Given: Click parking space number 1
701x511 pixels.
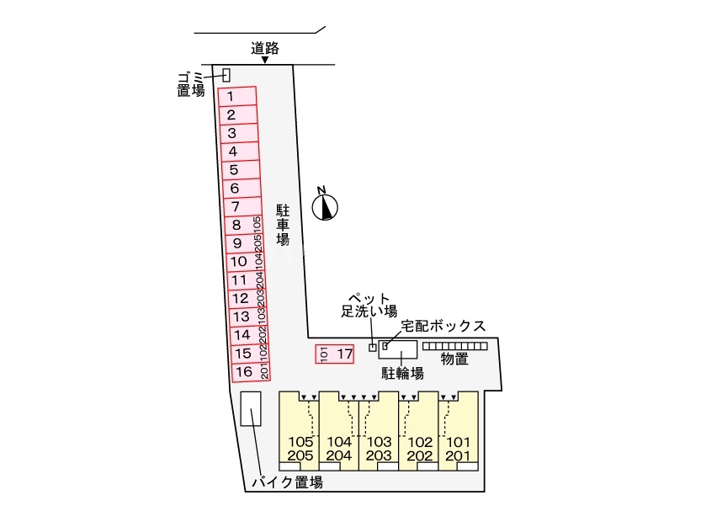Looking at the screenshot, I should click(x=236, y=96).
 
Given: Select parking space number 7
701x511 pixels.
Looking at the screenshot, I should click(x=240, y=206).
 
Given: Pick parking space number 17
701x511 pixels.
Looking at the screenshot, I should click(x=335, y=354).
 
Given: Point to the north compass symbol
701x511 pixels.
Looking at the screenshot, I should click(x=325, y=206).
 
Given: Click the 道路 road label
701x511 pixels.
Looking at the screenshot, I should click(x=265, y=48).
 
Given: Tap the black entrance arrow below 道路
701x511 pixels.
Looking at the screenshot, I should click(x=265, y=61).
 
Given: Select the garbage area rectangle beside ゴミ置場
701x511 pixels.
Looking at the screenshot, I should click(x=226, y=75).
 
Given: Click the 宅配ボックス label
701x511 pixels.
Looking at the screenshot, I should click(x=443, y=326).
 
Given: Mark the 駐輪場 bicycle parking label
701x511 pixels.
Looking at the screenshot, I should click(x=400, y=371).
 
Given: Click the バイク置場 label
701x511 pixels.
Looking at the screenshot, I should click(x=287, y=482).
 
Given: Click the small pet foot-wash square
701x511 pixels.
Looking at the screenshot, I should click(x=373, y=348).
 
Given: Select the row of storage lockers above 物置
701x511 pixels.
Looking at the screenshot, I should click(x=455, y=346).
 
